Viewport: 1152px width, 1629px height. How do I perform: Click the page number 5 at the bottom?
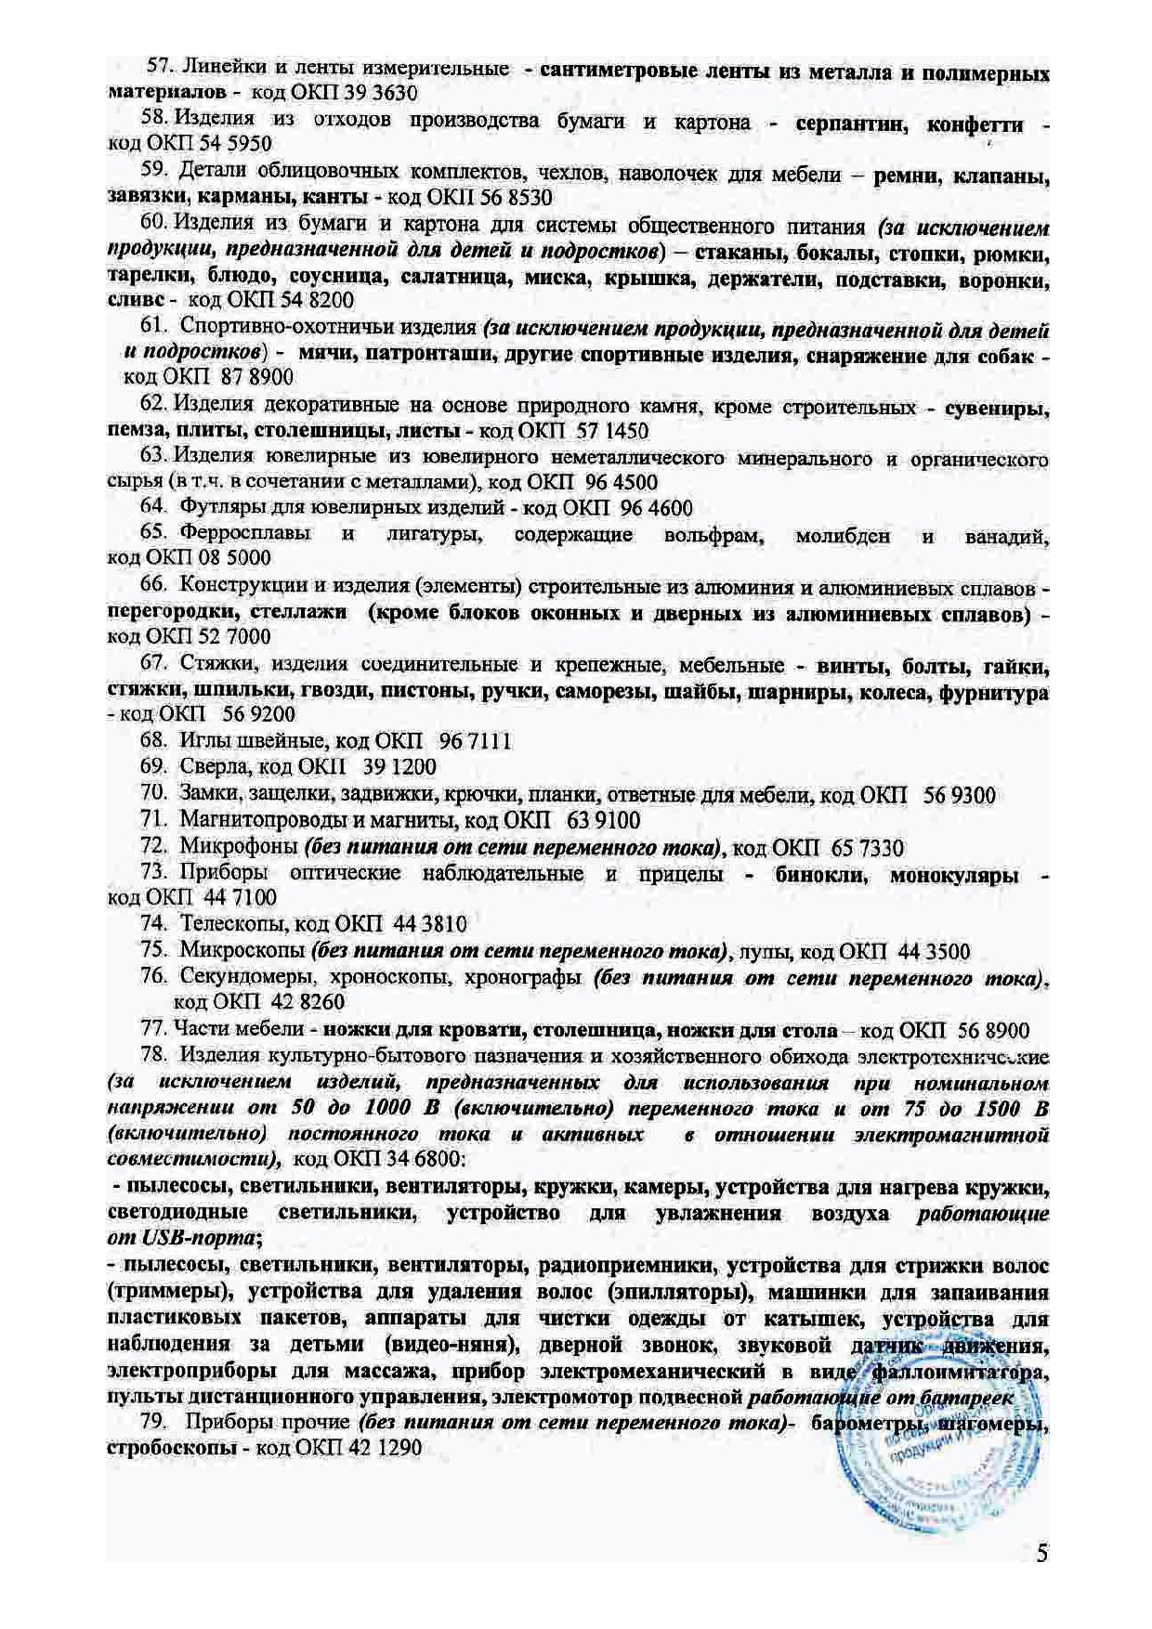(1042, 1553)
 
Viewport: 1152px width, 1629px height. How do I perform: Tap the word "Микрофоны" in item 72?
(238, 847)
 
